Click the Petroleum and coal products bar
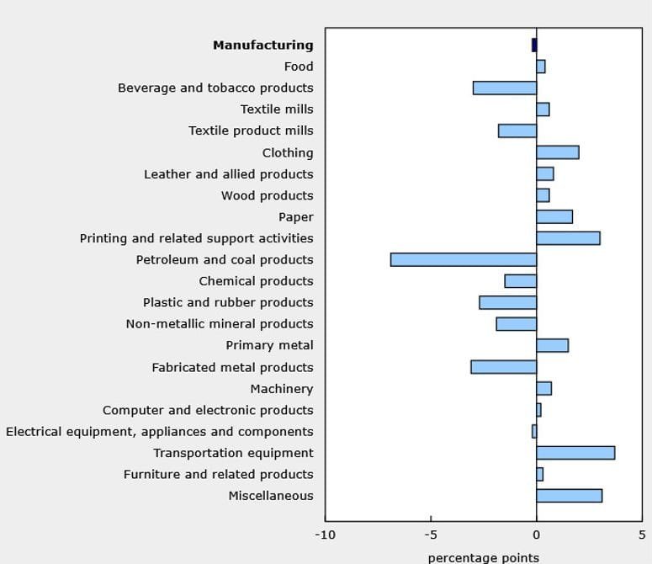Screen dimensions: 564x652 point(464,259)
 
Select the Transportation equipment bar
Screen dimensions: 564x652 point(575,453)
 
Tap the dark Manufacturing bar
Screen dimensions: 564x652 point(534,45)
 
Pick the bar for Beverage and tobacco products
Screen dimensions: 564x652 point(505,88)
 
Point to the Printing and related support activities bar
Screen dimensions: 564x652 point(568,238)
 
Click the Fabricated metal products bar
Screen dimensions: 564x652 point(504,367)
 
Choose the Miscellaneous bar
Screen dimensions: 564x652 point(569,496)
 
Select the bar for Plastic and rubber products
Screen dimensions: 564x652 point(508,302)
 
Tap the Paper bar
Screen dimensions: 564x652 point(554,216)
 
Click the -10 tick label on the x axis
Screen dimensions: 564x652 point(325,535)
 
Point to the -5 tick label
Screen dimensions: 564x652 point(431,535)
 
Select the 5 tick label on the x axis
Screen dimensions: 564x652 point(641,535)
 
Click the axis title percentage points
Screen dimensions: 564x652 point(483,557)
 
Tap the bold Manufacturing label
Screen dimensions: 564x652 point(262,45)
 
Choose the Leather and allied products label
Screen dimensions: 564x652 point(228,174)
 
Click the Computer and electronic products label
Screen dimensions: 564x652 point(208,410)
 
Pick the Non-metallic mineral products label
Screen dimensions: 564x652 point(220,324)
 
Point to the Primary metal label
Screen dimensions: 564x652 point(269,345)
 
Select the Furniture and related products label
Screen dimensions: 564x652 point(218,474)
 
